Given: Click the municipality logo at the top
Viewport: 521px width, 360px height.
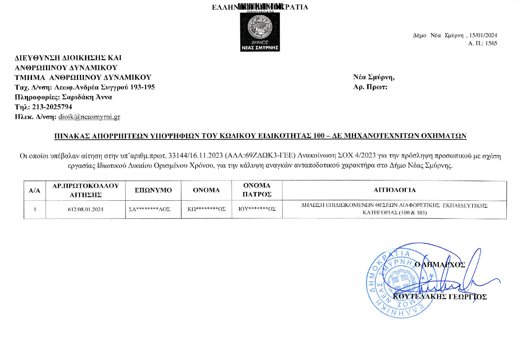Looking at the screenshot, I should click(x=260, y=32).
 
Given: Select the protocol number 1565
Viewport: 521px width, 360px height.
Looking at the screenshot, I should click(x=491, y=43).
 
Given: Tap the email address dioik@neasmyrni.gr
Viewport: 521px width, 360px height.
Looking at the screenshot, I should click(x=89, y=117).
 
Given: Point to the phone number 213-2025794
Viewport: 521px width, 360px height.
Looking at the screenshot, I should click(x=52, y=107).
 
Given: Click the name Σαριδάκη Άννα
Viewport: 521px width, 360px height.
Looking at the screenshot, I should click(x=87, y=97).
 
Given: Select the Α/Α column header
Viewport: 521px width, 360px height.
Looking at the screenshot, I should click(x=34, y=190).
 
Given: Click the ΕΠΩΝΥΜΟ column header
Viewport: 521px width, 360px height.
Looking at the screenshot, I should click(x=153, y=190).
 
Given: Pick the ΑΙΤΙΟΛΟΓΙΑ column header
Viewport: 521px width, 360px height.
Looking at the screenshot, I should click(x=394, y=190).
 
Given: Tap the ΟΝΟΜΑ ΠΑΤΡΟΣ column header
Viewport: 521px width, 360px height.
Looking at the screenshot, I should click(x=257, y=190).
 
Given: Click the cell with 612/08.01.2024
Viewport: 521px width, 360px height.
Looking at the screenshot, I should click(x=86, y=209).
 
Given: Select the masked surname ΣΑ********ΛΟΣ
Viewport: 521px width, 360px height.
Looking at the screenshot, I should click(x=149, y=209).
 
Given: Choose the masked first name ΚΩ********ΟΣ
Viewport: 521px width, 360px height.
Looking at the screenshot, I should click(x=206, y=209).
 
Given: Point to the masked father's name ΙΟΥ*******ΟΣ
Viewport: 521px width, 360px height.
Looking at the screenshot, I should click(x=257, y=209).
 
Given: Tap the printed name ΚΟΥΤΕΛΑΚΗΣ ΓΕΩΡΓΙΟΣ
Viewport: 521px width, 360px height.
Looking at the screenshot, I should click(x=440, y=297).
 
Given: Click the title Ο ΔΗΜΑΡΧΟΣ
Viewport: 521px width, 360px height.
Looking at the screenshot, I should click(x=440, y=265).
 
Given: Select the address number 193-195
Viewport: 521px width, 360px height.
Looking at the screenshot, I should click(x=142, y=87).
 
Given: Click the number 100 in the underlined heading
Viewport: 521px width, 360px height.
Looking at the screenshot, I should click(x=319, y=136).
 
